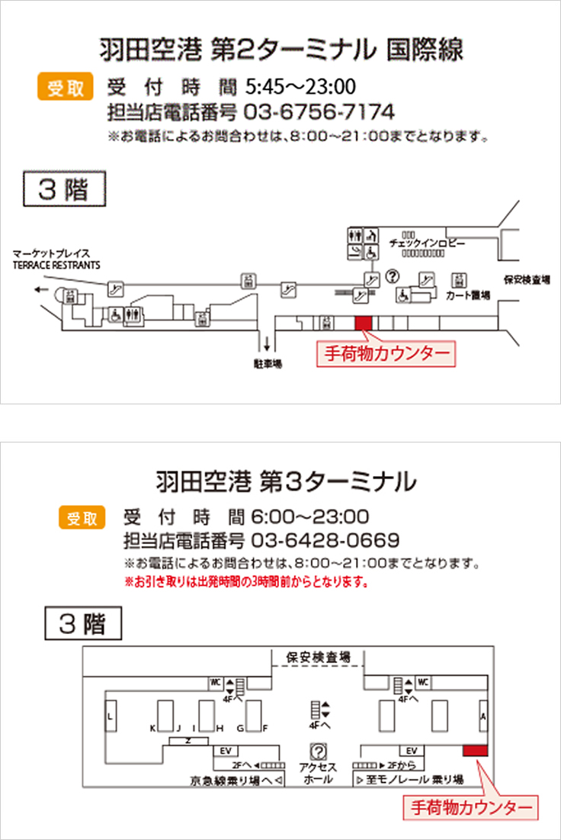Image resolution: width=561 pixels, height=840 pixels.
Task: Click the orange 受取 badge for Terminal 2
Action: (65, 88)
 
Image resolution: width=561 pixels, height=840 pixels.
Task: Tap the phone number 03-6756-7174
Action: (319, 113)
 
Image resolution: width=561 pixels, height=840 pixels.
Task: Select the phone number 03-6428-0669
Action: (325, 541)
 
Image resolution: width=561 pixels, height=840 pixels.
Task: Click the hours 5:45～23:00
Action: (301, 85)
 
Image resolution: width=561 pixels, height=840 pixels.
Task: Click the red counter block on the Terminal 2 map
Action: (364, 322)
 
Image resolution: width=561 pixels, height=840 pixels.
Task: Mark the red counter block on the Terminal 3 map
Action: (475, 751)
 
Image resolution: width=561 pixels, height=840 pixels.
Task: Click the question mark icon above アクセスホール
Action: (319, 751)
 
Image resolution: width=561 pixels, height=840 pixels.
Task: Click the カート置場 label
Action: (467, 294)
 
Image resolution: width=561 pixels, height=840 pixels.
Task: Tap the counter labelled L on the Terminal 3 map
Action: (111, 716)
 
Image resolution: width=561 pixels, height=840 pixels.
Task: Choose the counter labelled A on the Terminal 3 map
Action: (482, 716)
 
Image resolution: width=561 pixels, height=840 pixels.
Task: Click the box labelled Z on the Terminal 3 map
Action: (188, 741)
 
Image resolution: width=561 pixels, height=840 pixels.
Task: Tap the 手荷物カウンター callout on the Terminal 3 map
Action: (470, 806)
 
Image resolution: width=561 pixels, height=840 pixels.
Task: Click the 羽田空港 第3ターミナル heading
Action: (286, 481)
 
